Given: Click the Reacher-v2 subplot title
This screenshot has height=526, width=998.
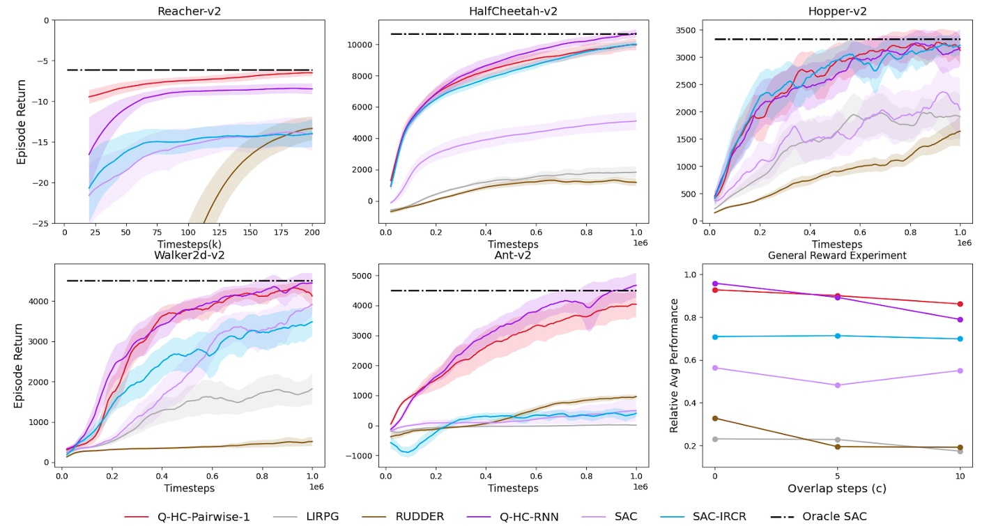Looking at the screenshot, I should click(x=185, y=11).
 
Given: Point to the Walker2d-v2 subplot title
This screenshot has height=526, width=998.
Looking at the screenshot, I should click(x=185, y=254).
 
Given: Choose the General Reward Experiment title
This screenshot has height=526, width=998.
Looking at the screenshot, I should click(x=836, y=256).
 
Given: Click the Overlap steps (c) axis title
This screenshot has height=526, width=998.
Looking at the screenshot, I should click(x=836, y=488).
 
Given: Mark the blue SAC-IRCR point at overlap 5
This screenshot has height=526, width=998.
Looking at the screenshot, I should click(x=837, y=336).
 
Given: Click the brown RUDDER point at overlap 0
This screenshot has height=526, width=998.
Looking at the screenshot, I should click(x=714, y=418).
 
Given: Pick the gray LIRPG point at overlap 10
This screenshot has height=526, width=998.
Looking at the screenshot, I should click(x=960, y=451).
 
